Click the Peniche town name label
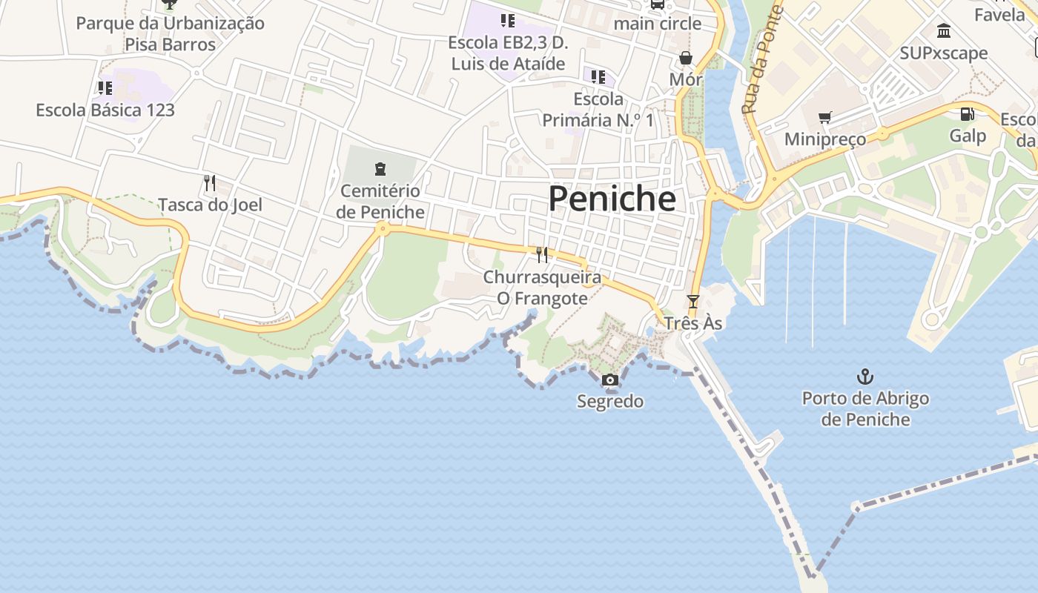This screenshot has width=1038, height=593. click(612, 199)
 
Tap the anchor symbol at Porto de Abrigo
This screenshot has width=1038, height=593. click(865, 377)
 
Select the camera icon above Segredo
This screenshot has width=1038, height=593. click(610, 380)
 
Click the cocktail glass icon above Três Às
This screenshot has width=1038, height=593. click(693, 302)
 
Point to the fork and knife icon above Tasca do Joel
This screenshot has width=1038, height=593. click(210, 182)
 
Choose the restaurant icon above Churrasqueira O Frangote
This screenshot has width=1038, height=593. click(542, 255)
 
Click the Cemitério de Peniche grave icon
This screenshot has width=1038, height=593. click(380, 169)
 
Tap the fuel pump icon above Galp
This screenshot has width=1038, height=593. click(968, 114)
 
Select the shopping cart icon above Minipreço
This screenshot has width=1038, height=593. click(824, 117)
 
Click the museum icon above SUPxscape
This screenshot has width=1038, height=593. click(944, 31)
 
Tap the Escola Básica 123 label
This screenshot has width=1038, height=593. click(105, 110)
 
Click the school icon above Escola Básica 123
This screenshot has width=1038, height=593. click(105, 88)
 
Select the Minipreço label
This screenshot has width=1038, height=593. click(824, 139)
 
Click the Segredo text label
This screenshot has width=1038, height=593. click(610, 402)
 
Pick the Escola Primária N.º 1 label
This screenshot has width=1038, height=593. click(598, 109)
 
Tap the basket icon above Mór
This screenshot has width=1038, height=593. click(686, 58)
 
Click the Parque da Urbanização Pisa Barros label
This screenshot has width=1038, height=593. click(170, 33)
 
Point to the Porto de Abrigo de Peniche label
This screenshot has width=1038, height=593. click(865, 408)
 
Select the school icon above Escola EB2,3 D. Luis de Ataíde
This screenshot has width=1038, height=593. click(507, 20)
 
